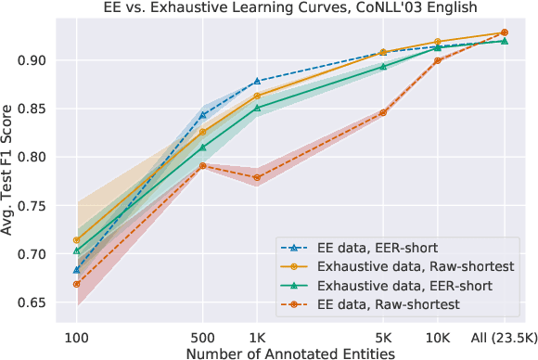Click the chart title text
click(x=290, y=8)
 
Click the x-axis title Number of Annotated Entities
click(x=290, y=352)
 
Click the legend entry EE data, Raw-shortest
click(x=376, y=303)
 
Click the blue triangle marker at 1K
click(x=256, y=82)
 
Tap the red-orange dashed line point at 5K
click(x=382, y=113)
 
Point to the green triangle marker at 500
click(x=202, y=148)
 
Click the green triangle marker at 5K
click(x=382, y=67)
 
